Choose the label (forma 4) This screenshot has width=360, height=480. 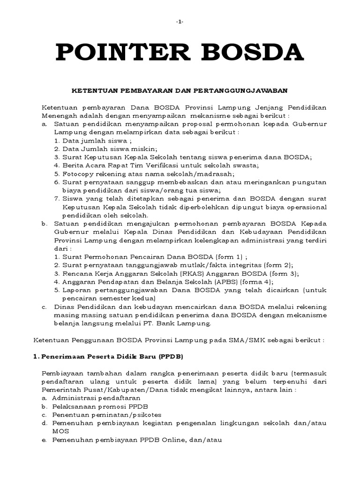(255, 282)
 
